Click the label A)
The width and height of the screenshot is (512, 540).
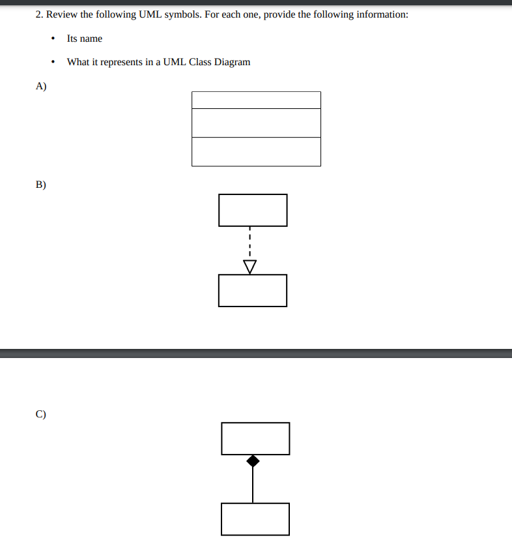tap(41, 86)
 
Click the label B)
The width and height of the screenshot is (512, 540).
tap(41, 185)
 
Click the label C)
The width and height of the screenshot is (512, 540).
tap(41, 413)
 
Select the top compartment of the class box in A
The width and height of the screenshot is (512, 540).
tap(256, 100)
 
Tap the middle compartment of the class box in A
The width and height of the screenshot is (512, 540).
tap(256, 123)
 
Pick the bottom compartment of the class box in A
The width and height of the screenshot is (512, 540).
tap(256, 151)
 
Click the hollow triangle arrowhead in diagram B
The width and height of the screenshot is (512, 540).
tap(249, 266)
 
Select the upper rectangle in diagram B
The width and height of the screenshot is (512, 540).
tap(253, 210)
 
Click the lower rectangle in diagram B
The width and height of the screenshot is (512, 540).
tap(253, 290)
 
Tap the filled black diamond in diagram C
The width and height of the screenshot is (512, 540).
tap(253, 461)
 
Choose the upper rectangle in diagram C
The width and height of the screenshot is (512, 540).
tap(255, 438)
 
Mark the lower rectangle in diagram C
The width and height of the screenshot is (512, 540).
tap(255, 518)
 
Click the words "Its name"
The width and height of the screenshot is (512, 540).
tap(85, 38)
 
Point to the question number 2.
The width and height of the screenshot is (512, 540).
tap(38, 14)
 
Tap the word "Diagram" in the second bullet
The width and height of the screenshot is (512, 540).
tap(233, 62)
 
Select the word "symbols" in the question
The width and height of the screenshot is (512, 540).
tap(182, 14)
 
